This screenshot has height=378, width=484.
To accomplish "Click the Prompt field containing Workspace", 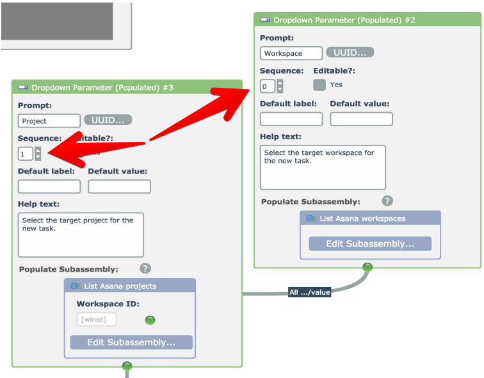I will point(291,53).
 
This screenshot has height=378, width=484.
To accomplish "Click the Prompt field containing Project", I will point(49,120).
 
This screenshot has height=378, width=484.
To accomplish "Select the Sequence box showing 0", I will point(268,86).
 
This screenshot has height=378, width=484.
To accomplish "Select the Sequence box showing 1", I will point(26,154).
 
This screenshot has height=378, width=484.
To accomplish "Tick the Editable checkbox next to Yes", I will point(319,85).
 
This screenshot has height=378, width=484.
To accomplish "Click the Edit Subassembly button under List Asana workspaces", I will point(370,243).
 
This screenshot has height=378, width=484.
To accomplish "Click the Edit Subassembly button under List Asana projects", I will point(131,342).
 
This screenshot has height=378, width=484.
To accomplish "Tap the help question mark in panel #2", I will point(387,201).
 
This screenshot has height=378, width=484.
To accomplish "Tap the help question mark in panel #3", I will point(145,268).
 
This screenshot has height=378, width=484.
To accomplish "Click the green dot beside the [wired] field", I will point(150,320).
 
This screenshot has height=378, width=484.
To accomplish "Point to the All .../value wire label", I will point(310,292).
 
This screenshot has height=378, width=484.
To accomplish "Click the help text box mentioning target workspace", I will point(323,167).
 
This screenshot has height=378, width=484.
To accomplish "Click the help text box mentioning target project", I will point(81,234).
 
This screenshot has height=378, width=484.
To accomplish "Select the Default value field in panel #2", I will point(361,119).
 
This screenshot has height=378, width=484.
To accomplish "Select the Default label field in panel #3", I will point(49,186).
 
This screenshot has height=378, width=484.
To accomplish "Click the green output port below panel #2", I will point(367,267).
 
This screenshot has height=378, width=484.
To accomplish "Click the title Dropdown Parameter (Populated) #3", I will point(102,87).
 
